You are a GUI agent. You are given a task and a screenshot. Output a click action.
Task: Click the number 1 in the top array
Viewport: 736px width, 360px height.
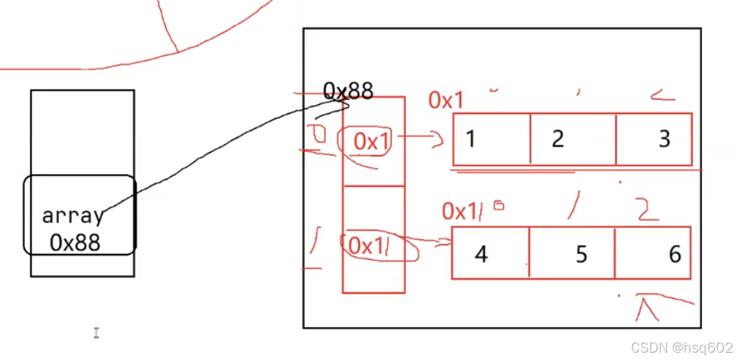coord(470,138)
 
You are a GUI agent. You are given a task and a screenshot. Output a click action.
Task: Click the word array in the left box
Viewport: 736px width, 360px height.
coord(72,216)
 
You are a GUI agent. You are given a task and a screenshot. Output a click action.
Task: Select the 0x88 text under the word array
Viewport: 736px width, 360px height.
coord(74,241)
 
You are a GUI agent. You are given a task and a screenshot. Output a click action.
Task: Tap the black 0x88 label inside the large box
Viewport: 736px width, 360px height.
coord(349,91)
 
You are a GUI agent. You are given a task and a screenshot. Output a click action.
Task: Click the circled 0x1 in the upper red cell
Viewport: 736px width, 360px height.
coord(372,142)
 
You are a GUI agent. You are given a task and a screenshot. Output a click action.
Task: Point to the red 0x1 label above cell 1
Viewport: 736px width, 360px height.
coord(446,101)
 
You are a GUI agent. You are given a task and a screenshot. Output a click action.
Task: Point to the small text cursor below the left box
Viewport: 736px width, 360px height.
coord(95,332)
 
